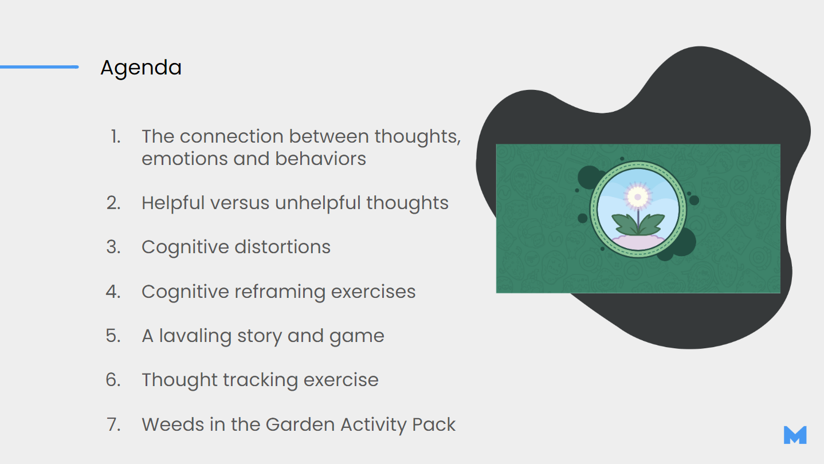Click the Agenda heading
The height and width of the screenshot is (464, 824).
pos(141,68)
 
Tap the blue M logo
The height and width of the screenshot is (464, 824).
pos(795,435)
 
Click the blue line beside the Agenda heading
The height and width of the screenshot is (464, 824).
pos(39,67)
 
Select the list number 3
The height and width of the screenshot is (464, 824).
pos(113,247)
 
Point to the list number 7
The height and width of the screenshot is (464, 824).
pos(113,424)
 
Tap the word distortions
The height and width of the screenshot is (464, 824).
pos(282,247)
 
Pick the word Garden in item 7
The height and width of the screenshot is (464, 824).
pos(300,424)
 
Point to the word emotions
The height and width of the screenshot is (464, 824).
pos(185,159)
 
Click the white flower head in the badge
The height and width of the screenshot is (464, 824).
pos(638,196)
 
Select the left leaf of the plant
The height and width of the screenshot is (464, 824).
pos(624,224)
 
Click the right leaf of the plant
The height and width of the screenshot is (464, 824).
pos(652,224)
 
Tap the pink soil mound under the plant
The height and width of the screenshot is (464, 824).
pos(638,242)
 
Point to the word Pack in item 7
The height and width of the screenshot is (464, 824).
pos(434,424)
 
